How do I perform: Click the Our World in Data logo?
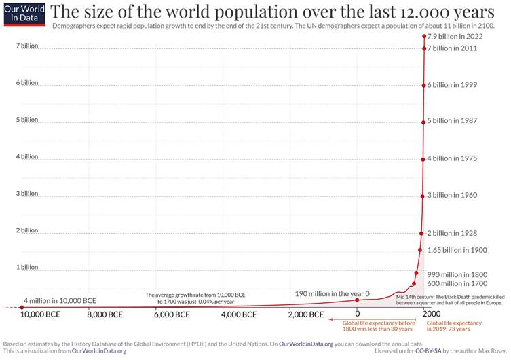coord(24,15)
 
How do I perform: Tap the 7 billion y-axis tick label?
coord(27,46)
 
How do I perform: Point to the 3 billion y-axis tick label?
coord(27,194)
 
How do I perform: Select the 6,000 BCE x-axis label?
coord(172,314)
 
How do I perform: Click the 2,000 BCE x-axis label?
coord(305,314)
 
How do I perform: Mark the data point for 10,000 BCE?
coord(22,307)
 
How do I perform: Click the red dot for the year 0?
coord(357,300)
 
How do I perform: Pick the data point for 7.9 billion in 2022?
coord(424,36)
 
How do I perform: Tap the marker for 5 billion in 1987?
coord(423,122)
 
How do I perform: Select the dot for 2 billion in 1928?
coord(421,234)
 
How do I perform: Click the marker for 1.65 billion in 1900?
coord(420,250)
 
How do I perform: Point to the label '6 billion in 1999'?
coord(452,85)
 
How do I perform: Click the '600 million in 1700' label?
coord(457,283)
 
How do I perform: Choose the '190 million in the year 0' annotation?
coord(332,294)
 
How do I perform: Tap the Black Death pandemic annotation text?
coord(451,300)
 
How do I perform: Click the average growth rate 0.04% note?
coord(195,298)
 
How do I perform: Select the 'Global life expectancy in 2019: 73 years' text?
coord(454,326)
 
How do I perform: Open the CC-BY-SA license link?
coord(428,351)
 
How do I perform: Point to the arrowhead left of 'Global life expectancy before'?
coord(330,319)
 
